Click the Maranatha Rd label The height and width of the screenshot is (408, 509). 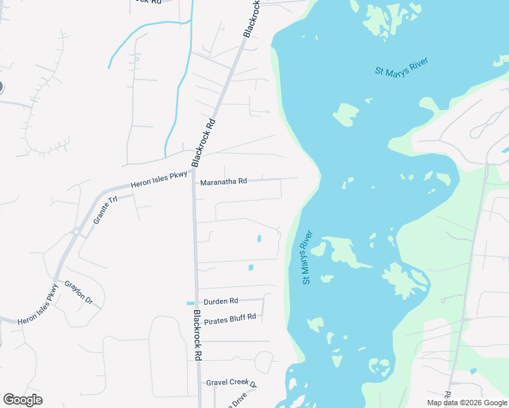coord(223,182)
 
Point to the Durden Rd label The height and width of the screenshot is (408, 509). coord(220,301)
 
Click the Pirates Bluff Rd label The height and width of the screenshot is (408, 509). coord(229,317)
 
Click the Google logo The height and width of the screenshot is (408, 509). coord(22,400)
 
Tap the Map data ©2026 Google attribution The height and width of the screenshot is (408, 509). coord(467,403)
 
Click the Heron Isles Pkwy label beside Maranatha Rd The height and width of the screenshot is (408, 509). coord(159,180)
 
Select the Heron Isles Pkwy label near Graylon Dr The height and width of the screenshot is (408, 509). coord(39,303)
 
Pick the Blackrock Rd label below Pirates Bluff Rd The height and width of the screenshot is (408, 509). coord(197,335)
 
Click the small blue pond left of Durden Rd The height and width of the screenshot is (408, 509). coord(190,303)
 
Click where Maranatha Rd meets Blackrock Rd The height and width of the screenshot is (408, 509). coord(193,182)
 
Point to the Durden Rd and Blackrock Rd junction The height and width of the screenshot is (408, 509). coord(196,301)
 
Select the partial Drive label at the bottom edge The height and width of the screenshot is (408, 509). coord(237,400)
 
